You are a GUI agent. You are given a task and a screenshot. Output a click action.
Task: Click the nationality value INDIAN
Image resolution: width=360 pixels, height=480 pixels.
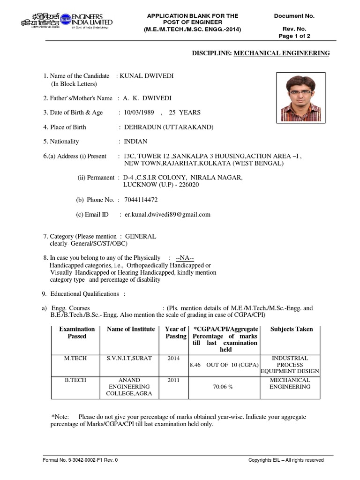pos(135,142)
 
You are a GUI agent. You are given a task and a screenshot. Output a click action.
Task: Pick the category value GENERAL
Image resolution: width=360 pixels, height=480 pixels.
pos(140,237)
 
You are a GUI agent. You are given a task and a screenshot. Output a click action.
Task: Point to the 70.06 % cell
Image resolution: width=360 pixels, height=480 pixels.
pos(225,388)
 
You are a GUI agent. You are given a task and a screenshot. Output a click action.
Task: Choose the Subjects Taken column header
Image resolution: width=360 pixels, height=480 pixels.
pos(291,330)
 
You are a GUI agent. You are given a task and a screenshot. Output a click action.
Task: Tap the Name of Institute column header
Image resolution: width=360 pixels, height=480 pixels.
pos(130,330)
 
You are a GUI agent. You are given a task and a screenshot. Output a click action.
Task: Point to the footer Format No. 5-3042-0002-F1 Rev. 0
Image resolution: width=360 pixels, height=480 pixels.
pos(80,460)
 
